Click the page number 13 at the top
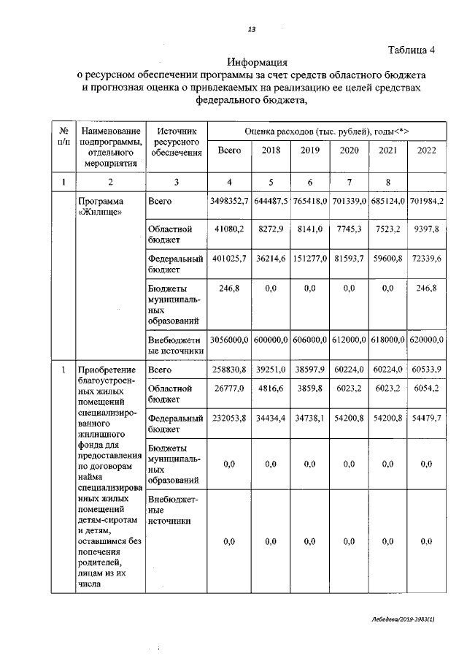(251, 29)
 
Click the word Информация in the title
(258, 63)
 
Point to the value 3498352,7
(229, 201)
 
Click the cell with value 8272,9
(270, 229)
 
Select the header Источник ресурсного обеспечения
(175, 141)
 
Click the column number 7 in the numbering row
(349, 181)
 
